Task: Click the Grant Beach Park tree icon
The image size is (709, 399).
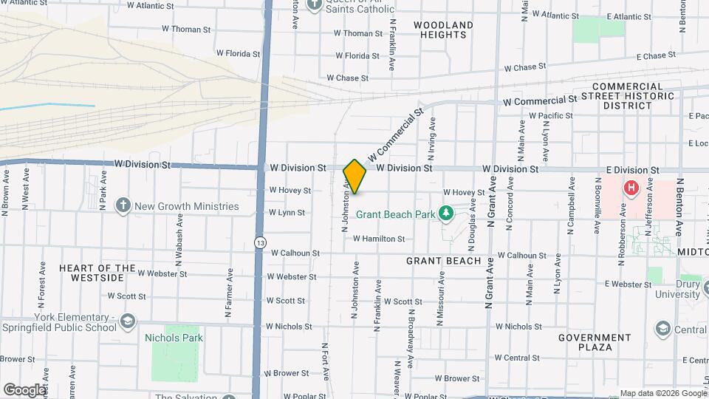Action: (445, 214)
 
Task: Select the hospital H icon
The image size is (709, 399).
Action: (631, 188)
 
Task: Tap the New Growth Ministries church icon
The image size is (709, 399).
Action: (123, 206)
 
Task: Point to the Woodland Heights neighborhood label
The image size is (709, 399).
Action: (443, 30)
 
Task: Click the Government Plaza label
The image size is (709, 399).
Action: (595, 342)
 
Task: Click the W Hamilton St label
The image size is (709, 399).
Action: (379, 239)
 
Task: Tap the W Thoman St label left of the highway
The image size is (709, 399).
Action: (186, 30)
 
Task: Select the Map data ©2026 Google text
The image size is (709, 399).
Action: (662, 394)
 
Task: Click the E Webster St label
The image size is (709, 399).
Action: (628, 284)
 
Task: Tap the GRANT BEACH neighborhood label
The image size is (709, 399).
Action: (443, 261)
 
